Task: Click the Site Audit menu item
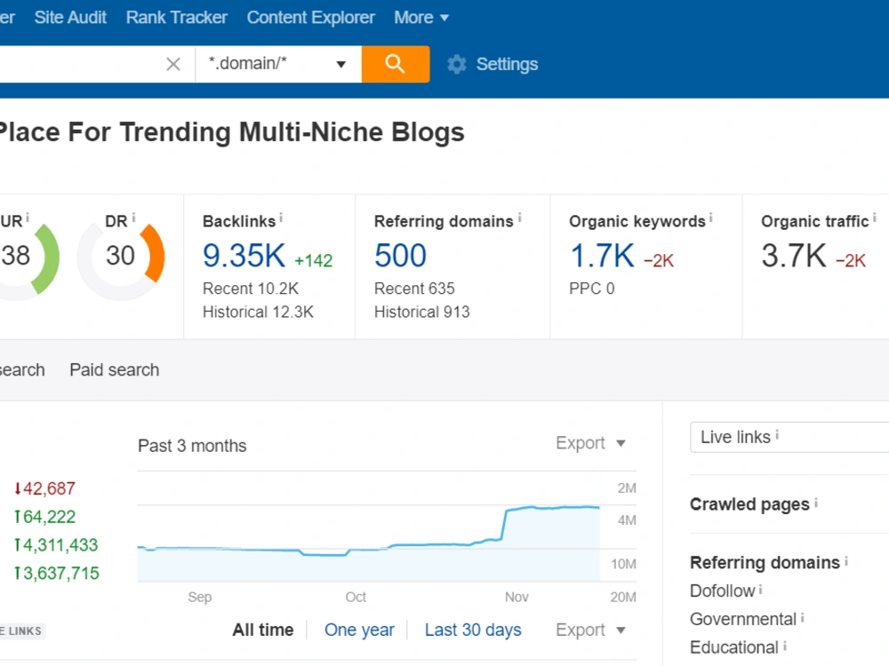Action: tap(70, 18)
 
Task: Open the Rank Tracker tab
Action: tap(176, 18)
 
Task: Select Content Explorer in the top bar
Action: tap(310, 18)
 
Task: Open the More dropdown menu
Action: tap(421, 18)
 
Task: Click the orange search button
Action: tap(396, 64)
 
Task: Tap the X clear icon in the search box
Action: tap(173, 64)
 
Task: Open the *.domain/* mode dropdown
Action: tap(277, 64)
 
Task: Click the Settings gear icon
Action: tap(456, 64)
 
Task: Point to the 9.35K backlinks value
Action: tap(244, 256)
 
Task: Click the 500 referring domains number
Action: tap(400, 256)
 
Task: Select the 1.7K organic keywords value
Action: tap(602, 256)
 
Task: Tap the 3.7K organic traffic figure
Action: tap(794, 256)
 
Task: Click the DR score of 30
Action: tap(120, 256)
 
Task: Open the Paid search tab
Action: tap(115, 369)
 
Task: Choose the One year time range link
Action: tap(359, 630)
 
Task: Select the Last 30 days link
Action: tap(473, 630)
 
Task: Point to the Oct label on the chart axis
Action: tap(356, 597)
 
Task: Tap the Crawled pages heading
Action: tap(749, 504)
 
